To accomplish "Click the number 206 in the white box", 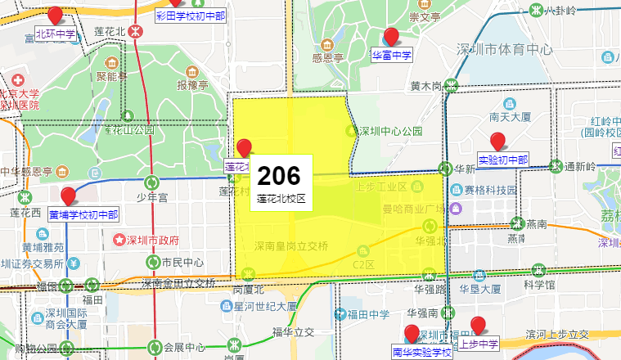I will (280, 175).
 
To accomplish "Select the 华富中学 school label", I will (391, 56).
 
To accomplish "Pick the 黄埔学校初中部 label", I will (83, 215).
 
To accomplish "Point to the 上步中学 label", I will (479, 344).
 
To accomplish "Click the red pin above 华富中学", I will (391, 36).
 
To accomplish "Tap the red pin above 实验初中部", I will (497, 141).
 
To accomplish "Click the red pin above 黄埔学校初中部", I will (69, 195).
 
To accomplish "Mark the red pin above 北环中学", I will (55, 15).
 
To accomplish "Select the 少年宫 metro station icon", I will (151, 182).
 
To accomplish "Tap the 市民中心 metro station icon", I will (153, 262).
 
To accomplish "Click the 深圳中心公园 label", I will (389, 131).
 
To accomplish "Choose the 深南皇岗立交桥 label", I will (291, 245).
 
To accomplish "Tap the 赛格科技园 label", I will (491, 190).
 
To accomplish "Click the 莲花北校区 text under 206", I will (280, 198).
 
